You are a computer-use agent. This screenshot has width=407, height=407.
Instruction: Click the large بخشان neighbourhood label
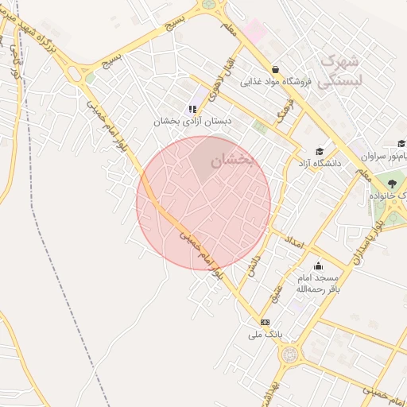(x=231, y=161)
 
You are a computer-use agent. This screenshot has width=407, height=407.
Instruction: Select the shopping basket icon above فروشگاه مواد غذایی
(x=275, y=69)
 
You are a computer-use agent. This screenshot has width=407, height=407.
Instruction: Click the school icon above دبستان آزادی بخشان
(x=192, y=109)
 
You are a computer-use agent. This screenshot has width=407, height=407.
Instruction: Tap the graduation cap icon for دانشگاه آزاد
(x=320, y=151)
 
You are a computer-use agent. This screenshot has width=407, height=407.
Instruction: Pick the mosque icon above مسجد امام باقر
(x=318, y=266)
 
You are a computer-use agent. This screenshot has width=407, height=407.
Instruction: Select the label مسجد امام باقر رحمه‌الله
(x=318, y=284)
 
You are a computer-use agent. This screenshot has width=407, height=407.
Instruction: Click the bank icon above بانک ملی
(x=265, y=322)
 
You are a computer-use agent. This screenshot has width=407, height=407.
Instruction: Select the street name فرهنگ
(x=282, y=113)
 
